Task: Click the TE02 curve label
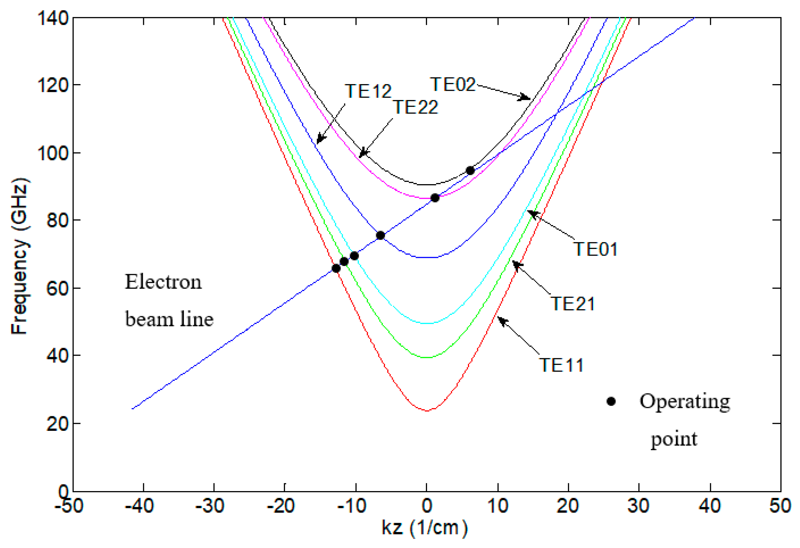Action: coord(453,84)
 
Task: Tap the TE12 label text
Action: coord(368,91)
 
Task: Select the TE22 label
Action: coord(416,107)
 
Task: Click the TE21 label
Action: coord(573,304)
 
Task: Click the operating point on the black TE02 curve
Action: coord(470,170)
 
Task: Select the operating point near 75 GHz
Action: coord(380,235)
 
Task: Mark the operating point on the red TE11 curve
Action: coord(336,268)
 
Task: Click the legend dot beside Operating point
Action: coord(611,401)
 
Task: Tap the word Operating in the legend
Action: coord(685,402)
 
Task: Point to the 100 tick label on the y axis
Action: coord(53,152)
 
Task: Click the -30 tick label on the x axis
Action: coord(210,506)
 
